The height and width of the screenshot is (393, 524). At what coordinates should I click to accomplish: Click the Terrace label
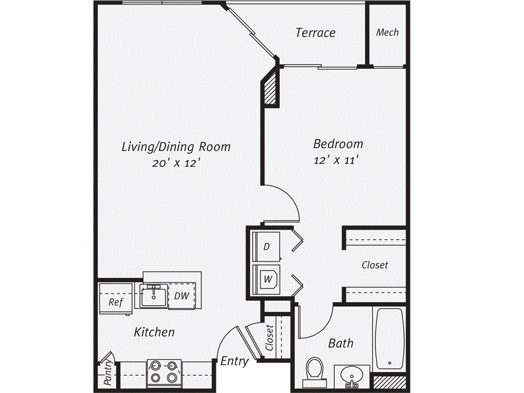(315, 32)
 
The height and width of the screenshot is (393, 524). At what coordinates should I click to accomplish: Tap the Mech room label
(387, 32)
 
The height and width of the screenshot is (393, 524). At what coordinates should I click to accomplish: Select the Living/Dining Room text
(176, 147)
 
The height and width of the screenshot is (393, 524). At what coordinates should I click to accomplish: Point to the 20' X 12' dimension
(176, 163)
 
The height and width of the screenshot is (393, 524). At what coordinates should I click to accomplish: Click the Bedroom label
(338, 144)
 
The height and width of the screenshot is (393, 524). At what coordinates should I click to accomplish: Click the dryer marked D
(266, 246)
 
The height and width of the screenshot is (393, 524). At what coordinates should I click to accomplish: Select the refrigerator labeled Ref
(116, 298)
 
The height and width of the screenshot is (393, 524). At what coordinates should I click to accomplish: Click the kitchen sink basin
(154, 296)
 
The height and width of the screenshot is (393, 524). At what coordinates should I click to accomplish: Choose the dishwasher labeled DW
(182, 295)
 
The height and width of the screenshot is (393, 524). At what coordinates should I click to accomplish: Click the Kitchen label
(154, 332)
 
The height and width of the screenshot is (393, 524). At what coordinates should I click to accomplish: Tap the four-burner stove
(164, 372)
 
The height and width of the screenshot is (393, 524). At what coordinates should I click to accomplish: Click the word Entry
(234, 361)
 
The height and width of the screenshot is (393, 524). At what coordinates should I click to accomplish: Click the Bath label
(340, 343)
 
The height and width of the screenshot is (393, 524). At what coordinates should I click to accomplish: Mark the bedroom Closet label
(375, 265)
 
